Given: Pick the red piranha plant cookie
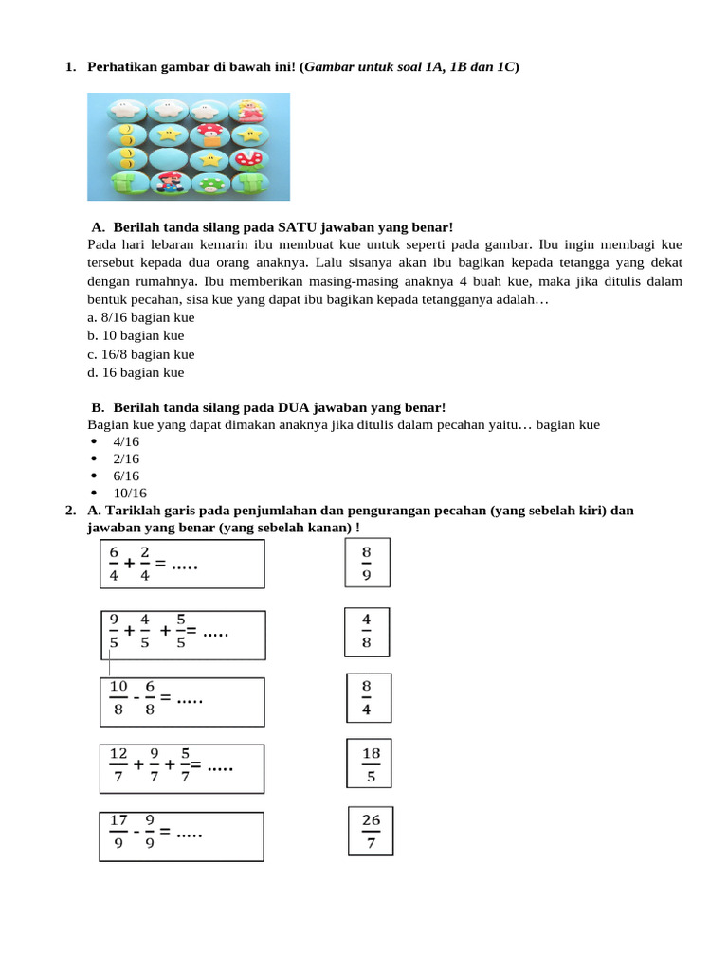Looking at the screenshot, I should point(252,157).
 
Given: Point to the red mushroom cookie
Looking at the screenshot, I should point(209,135).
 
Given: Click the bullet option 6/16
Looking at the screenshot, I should point(126,476).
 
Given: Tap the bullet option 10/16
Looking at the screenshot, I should point(129,494).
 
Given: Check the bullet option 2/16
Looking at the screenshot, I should point(126,459).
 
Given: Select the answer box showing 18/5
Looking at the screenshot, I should point(371,764).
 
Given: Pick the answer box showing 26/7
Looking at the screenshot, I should point(371,831).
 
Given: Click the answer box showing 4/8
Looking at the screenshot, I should point(366,631).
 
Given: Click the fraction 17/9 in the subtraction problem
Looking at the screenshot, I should point(118,831).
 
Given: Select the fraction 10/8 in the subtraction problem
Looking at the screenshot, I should point(118,697).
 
